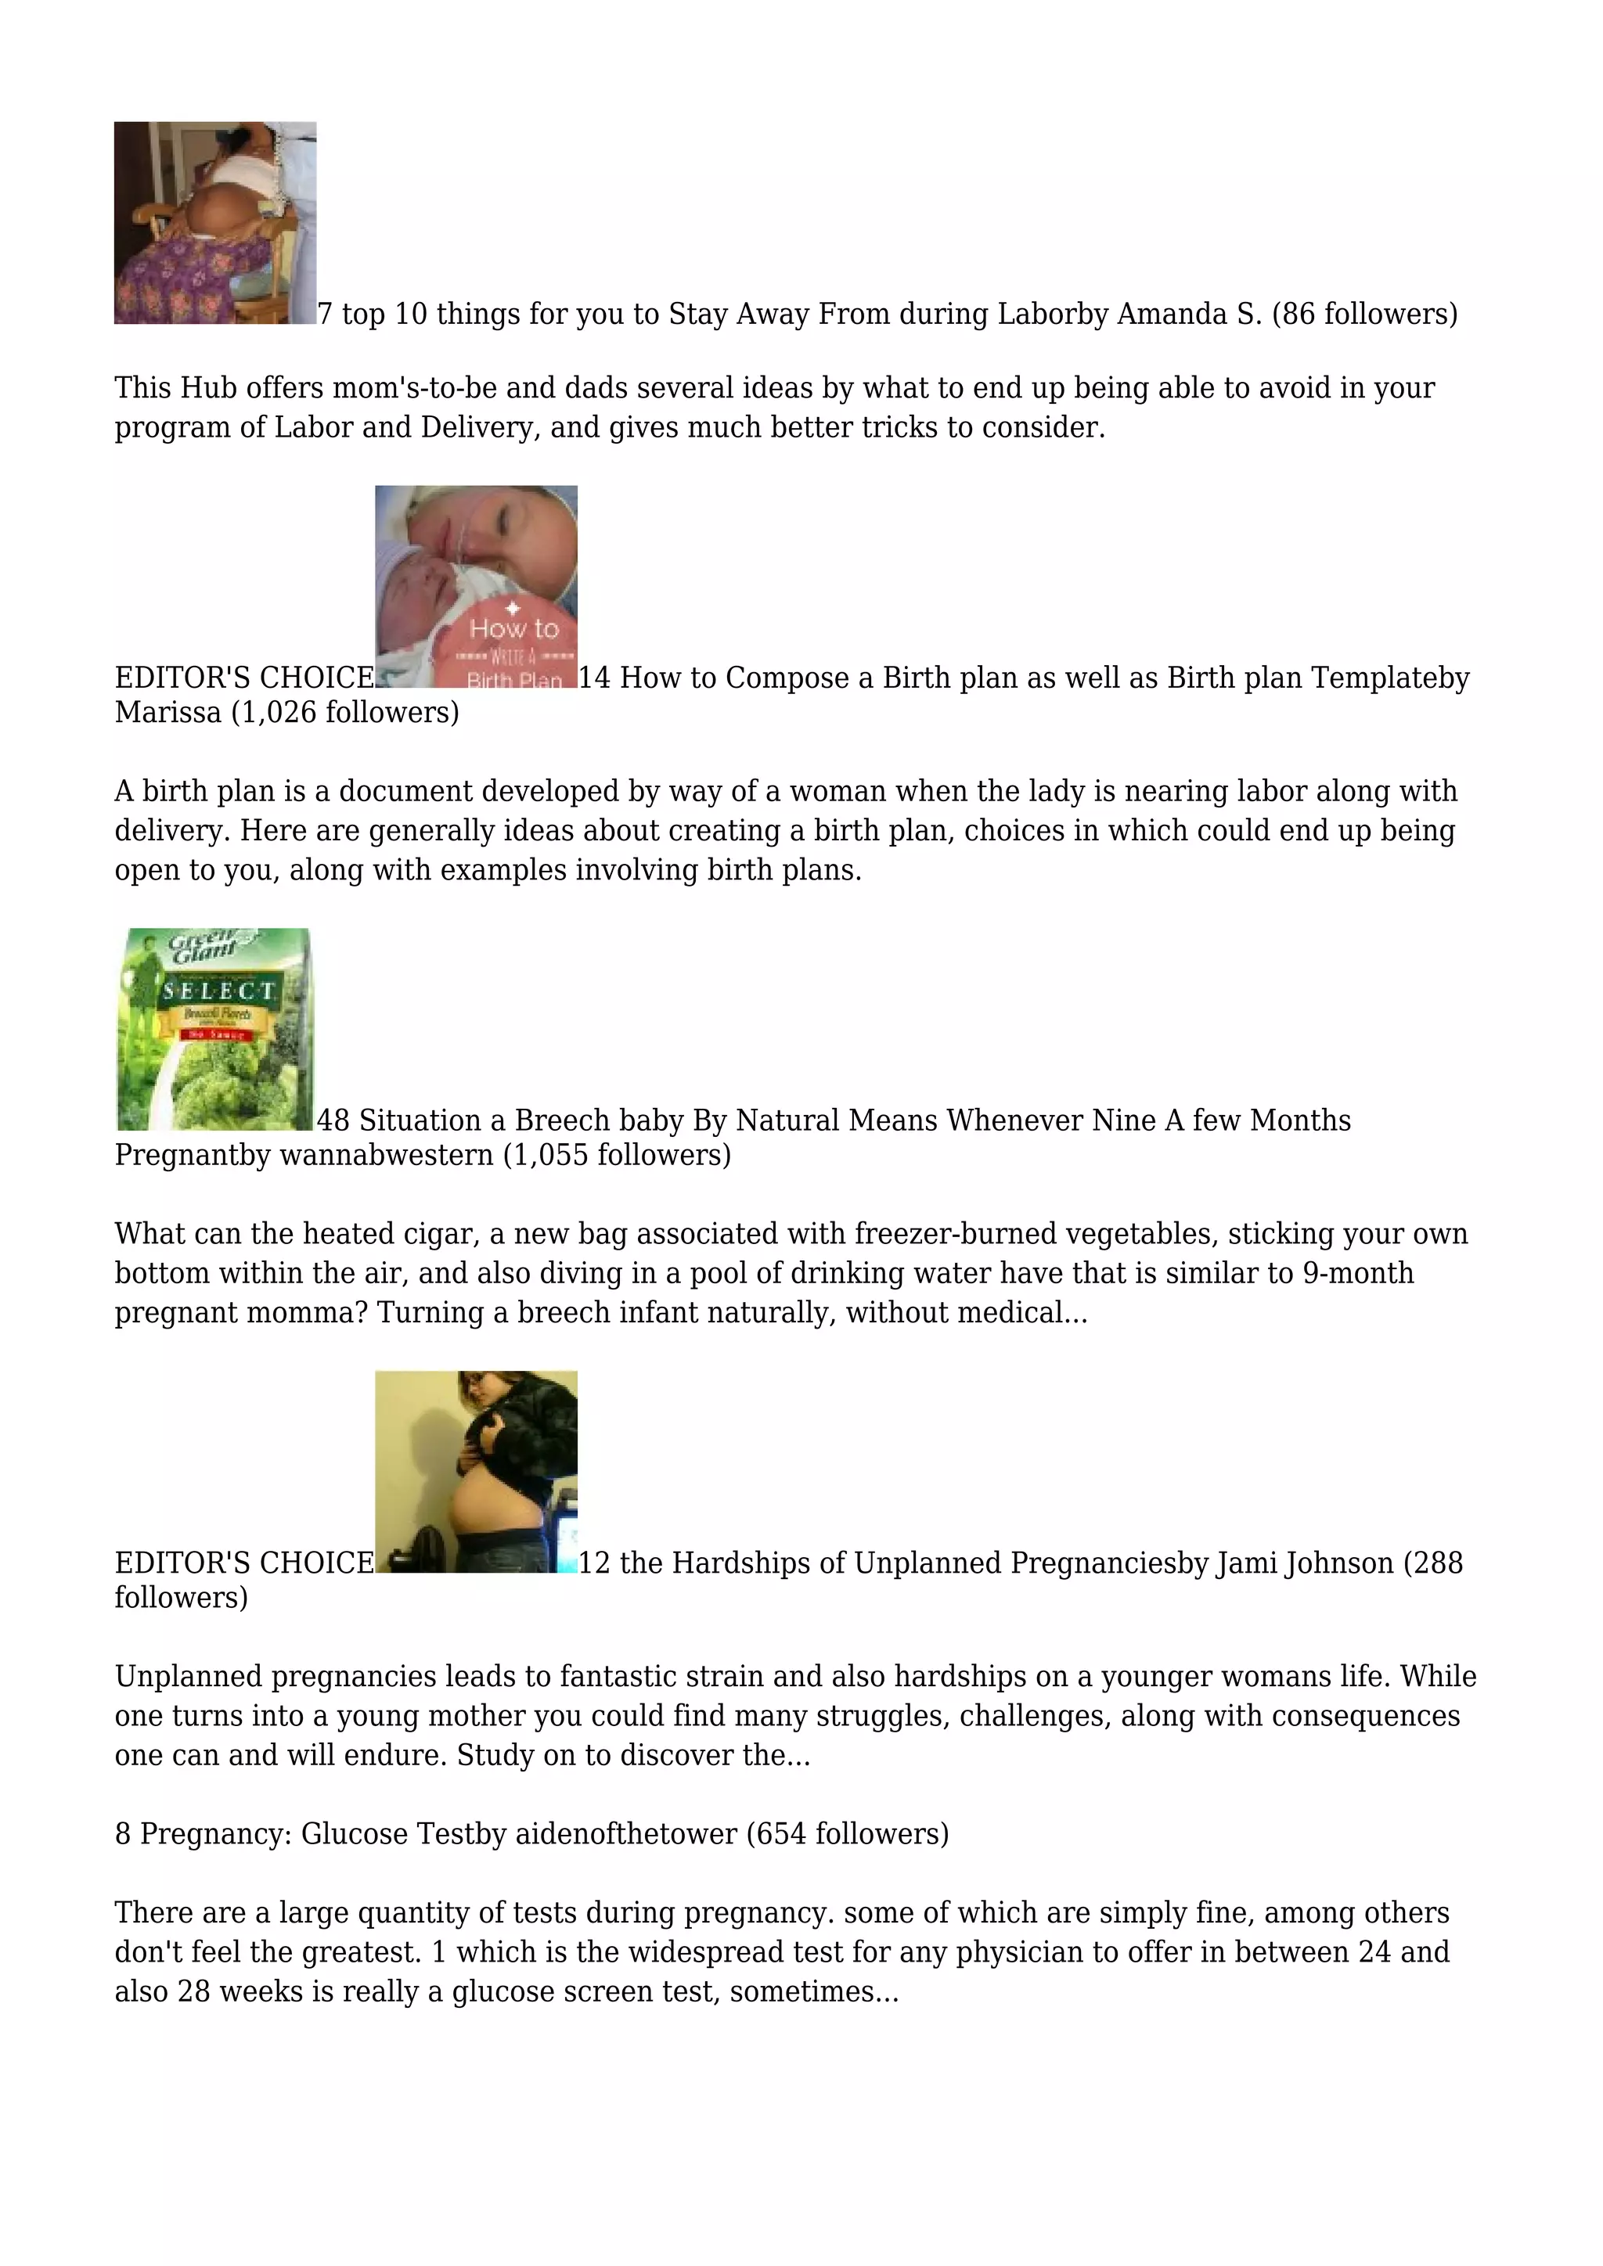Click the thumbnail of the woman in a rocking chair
(215, 223)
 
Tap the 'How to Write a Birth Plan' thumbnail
(476, 586)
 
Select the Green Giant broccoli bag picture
(214, 1030)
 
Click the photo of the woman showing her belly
(476, 1472)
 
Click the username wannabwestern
(386, 1155)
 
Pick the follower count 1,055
(549, 1155)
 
